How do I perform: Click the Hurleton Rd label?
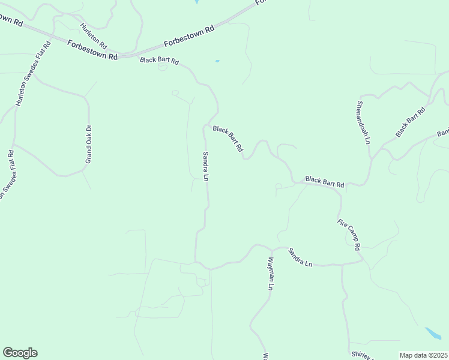pyautogui.click(x=94, y=36)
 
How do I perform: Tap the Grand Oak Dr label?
pyautogui.click(x=88, y=144)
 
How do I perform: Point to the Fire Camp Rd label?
pyautogui.click(x=349, y=235)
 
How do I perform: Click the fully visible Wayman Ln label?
pyautogui.click(x=271, y=274)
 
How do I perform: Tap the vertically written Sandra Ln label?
pyautogui.click(x=205, y=166)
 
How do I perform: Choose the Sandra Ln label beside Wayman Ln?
pyautogui.click(x=300, y=257)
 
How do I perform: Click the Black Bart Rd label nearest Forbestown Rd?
pyautogui.click(x=160, y=61)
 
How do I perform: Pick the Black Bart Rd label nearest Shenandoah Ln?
pyautogui.click(x=411, y=122)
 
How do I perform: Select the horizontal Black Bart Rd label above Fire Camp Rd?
pyautogui.click(x=324, y=182)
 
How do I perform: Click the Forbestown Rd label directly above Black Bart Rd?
pyautogui.click(x=189, y=37)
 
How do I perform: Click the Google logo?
pyautogui.click(x=20, y=353)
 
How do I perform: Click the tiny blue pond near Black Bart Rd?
pyautogui.click(x=217, y=61)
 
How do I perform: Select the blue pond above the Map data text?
pyautogui.click(x=433, y=333)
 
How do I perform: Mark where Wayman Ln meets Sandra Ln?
pyautogui.click(x=271, y=248)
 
